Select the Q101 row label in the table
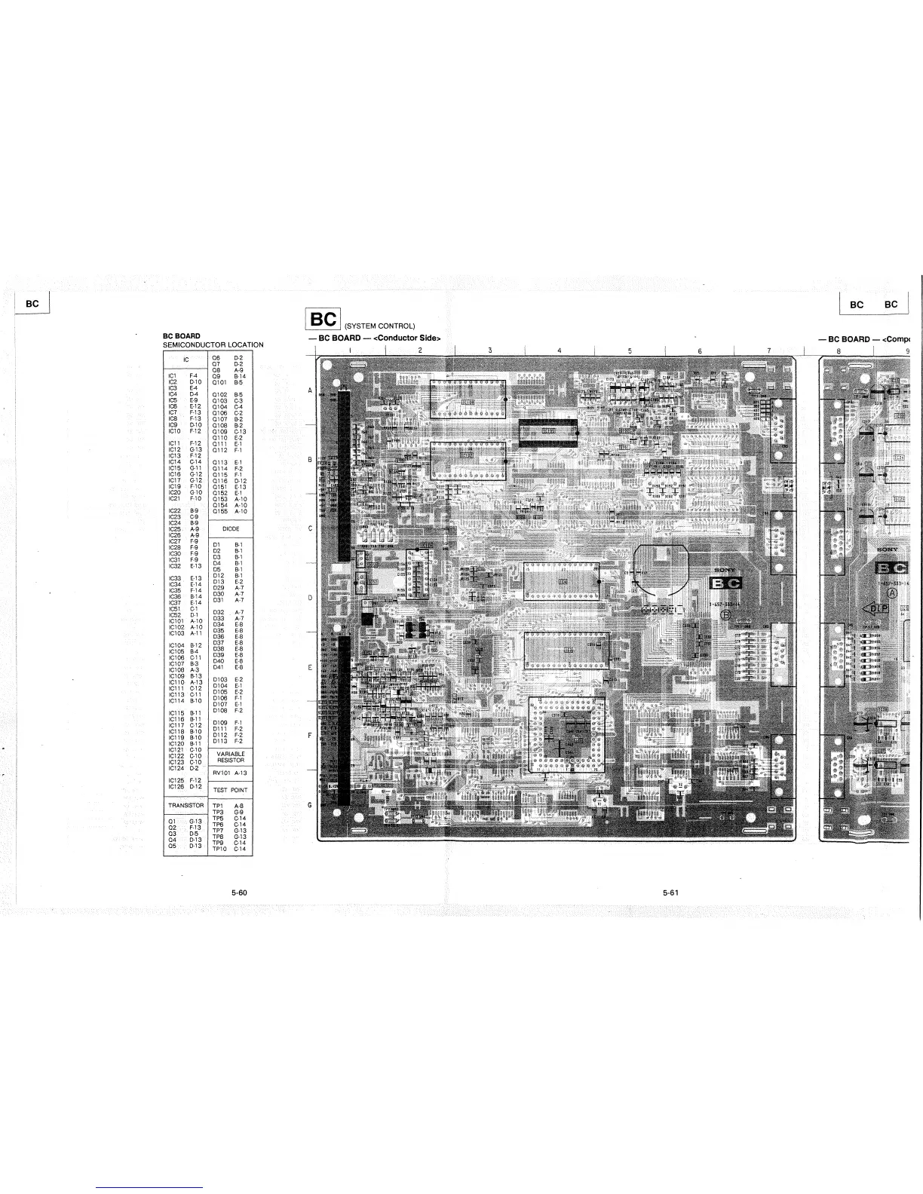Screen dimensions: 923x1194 pos(220,381)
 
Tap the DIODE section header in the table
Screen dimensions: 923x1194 pos(230,529)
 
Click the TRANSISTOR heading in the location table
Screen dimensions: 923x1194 pos(185,806)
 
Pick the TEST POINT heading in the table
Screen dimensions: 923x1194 pos(230,790)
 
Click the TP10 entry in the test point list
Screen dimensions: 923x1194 pos(219,849)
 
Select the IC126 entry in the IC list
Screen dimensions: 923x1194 pos(177,786)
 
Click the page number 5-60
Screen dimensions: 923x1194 pos(240,892)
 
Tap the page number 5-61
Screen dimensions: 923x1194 pos(671,892)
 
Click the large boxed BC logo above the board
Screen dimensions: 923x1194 pos(324,320)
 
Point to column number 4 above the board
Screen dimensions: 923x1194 pos(560,350)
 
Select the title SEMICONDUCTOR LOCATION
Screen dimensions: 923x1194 pos(213,344)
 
